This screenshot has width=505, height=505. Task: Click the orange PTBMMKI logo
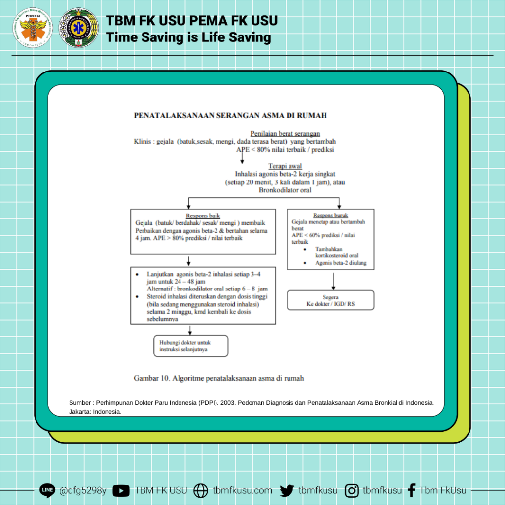(34, 28)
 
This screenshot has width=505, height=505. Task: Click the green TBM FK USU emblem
(78, 28)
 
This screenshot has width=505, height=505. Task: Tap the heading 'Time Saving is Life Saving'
(189, 37)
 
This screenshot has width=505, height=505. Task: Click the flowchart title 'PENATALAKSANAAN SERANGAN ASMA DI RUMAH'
(230, 116)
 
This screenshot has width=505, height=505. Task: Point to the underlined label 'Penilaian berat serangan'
(285, 134)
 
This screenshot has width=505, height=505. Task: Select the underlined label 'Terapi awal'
(285, 166)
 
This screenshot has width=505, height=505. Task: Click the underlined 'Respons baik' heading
(203, 216)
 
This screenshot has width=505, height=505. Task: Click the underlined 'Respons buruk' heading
(330, 216)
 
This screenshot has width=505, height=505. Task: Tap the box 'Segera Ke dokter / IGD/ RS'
(330, 300)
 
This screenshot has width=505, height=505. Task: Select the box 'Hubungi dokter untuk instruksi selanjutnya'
(190, 346)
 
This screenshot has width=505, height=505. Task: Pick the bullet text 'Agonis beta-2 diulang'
(341, 263)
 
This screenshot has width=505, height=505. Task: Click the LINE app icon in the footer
(47, 490)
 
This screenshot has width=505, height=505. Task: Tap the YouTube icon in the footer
(121, 491)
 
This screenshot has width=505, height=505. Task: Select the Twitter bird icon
(287, 491)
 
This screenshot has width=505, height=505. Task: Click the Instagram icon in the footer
(352, 491)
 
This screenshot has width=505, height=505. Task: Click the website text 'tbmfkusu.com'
(242, 491)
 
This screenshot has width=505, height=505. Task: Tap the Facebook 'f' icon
(412, 491)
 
